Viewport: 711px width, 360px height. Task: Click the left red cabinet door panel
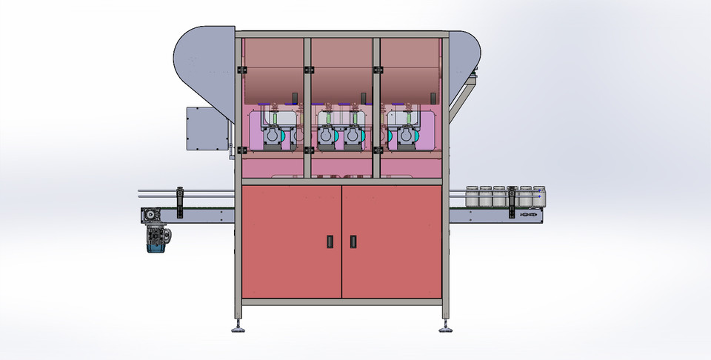[292, 241]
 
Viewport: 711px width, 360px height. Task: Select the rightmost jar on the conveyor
[538, 196]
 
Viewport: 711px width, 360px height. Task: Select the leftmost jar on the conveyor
[471, 196]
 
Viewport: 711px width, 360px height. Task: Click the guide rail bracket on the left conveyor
[178, 201]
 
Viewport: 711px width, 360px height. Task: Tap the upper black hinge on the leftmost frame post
[239, 70]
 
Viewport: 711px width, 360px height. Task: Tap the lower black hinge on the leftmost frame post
[239, 150]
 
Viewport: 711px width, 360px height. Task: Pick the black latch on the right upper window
[430, 99]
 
